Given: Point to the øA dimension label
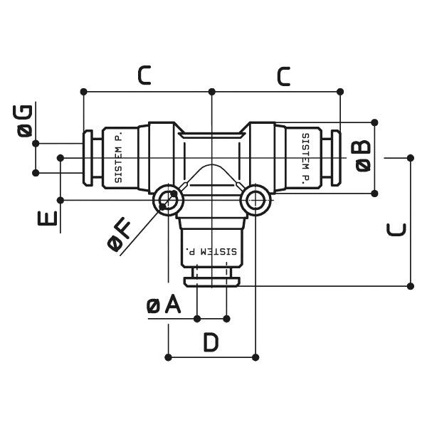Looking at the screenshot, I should (x=164, y=305).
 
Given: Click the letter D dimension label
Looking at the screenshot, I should (x=211, y=343).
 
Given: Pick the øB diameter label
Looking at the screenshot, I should (x=362, y=155).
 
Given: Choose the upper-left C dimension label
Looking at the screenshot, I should (x=144, y=75).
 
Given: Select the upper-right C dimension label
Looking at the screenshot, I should (x=283, y=75).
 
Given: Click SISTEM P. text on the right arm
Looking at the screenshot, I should (x=305, y=158).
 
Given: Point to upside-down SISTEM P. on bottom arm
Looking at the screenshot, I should (x=211, y=251).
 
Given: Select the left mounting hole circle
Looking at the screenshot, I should (x=168, y=201).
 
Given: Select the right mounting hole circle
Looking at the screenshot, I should (x=255, y=201).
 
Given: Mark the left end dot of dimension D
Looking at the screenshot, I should (x=168, y=357).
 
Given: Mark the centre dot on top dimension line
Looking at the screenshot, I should (x=211, y=91).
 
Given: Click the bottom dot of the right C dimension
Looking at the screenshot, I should (x=411, y=285).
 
